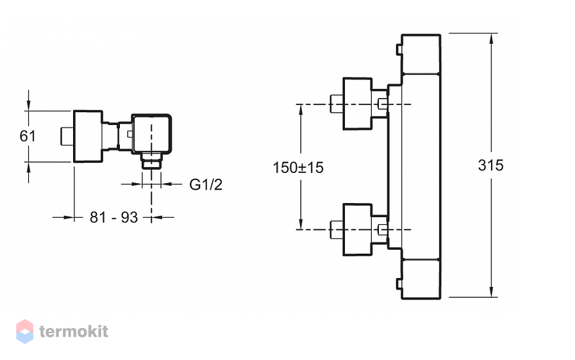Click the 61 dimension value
pos(28,136)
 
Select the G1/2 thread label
pos(206,184)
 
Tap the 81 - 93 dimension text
pos(113,217)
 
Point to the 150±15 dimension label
pos(298,168)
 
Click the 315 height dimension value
pos(490,165)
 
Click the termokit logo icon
pos(25,331)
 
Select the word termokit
pos(74,331)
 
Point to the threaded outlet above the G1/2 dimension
pos(151,161)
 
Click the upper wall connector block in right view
pos(358,104)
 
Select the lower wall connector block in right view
pos(358,229)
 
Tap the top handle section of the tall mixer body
pos(421,54)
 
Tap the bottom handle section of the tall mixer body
pos(421,278)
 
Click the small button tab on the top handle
pos(399,49)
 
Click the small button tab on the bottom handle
pos(399,284)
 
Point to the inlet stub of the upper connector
pos(337,104)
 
